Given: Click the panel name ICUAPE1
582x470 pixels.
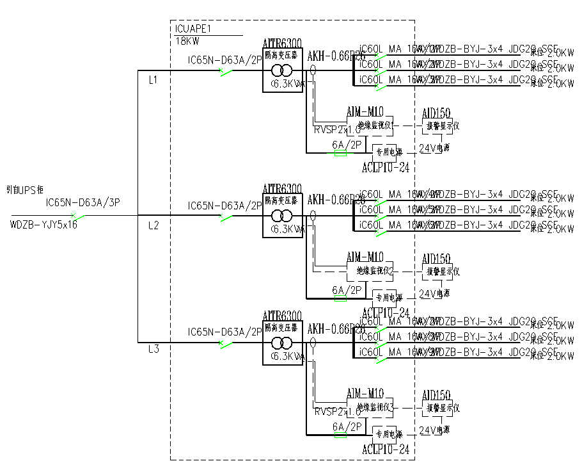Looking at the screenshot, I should (193, 29).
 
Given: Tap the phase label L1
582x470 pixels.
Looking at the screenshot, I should (153, 81).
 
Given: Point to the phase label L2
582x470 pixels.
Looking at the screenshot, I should (153, 225).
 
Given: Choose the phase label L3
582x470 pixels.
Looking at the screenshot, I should (153, 349).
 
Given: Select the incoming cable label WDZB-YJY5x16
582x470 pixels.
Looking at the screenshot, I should (43, 225).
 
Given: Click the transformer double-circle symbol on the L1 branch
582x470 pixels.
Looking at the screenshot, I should (282, 70).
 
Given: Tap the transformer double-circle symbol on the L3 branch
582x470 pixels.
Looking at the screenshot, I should (282, 344).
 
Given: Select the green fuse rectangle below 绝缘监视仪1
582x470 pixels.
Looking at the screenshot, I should (340, 154).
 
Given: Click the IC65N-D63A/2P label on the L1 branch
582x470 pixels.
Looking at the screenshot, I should (224, 60).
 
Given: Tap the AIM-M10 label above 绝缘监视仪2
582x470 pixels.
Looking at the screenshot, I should (365, 257).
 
